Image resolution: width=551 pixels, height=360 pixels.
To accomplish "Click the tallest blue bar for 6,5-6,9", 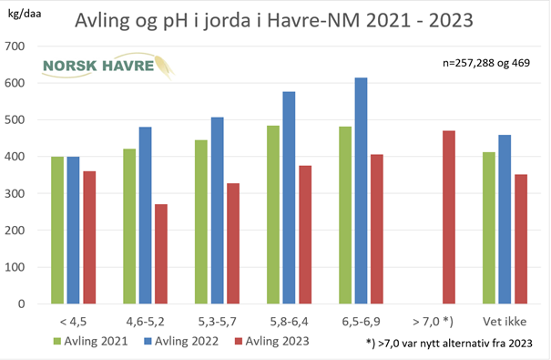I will point(362,190).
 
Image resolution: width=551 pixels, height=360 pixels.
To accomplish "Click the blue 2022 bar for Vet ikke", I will point(505,219).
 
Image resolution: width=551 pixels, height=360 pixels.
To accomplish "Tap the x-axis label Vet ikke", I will point(505,322).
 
